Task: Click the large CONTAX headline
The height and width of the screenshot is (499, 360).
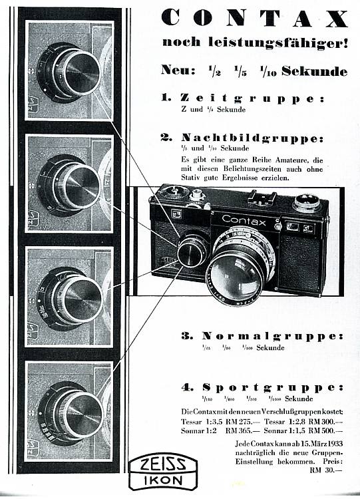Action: click(x=255, y=18)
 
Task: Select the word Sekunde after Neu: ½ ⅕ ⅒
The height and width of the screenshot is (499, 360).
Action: click(x=315, y=71)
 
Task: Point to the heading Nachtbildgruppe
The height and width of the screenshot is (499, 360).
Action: click(x=253, y=138)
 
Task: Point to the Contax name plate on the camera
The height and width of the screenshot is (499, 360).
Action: click(x=244, y=220)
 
